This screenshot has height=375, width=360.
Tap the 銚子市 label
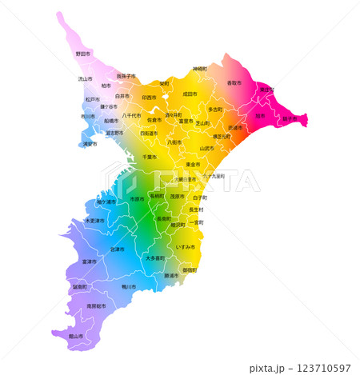pyautogui.click(x=289, y=118)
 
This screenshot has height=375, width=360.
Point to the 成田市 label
pyautogui.click(x=190, y=94)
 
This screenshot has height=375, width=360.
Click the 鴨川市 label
pyautogui.click(x=129, y=285)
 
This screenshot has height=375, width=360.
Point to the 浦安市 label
pyautogui.click(x=90, y=144)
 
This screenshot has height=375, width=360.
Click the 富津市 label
pyautogui.click(x=89, y=261)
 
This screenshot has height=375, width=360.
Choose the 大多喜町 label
pyautogui.click(x=155, y=257)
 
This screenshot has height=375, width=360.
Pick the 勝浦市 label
pyautogui.click(x=171, y=276)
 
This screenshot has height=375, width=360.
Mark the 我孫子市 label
pyautogui.click(x=126, y=76)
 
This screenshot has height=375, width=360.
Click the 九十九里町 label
pyautogui.click(x=213, y=175)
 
